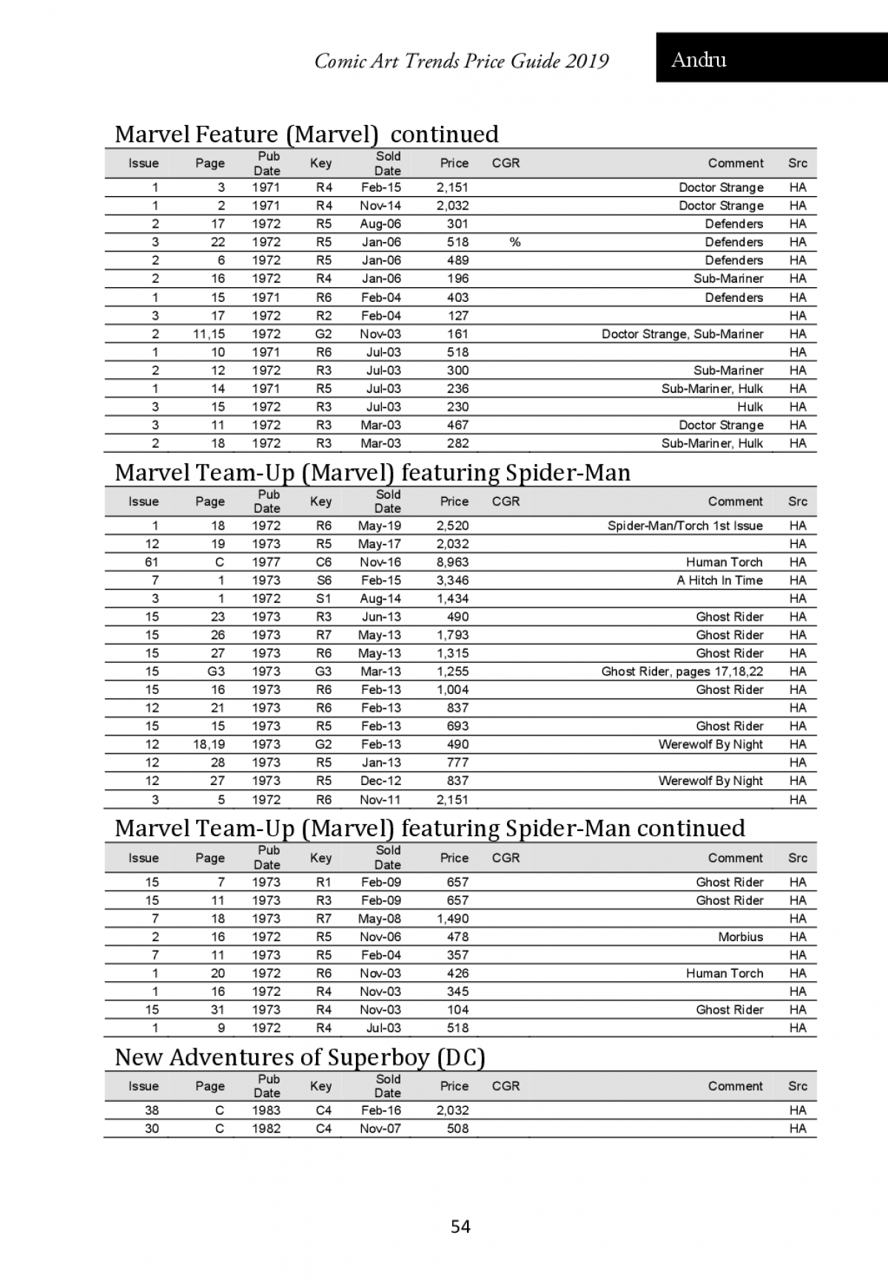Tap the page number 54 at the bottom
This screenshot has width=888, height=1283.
(x=460, y=1227)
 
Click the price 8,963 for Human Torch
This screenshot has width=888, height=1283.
(x=452, y=562)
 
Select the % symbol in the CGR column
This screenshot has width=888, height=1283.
(x=514, y=242)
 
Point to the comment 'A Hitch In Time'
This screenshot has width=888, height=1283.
(x=719, y=581)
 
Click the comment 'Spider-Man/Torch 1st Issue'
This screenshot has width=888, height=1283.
(x=684, y=526)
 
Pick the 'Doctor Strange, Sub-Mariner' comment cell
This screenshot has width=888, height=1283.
(x=682, y=334)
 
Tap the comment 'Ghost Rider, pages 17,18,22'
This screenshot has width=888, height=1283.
(x=682, y=672)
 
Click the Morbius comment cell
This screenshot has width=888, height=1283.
(x=740, y=937)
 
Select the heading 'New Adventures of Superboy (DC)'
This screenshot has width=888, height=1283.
(x=299, y=1057)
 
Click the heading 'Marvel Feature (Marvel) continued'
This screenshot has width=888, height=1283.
(x=306, y=134)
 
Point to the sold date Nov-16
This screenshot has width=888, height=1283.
(x=380, y=562)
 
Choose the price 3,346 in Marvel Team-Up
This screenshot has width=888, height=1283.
(x=452, y=581)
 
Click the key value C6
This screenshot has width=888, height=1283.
(x=323, y=562)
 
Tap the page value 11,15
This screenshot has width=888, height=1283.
(x=209, y=334)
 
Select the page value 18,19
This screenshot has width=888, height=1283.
(x=209, y=744)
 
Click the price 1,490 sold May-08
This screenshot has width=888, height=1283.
(x=452, y=919)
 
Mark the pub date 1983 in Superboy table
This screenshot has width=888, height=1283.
(x=266, y=1111)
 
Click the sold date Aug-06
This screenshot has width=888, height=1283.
(x=380, y=224)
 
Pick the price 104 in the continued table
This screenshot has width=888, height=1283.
(x=457, y=1010)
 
